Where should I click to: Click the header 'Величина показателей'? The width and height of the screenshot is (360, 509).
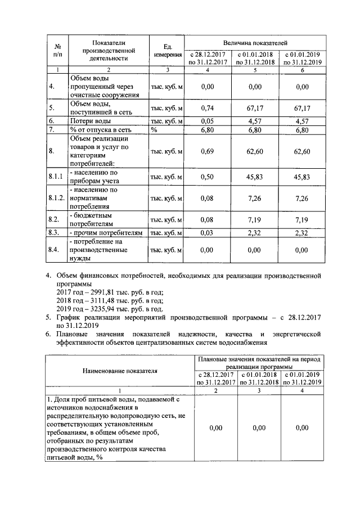(255, 42)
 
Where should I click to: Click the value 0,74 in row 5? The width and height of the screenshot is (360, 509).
(208, 107)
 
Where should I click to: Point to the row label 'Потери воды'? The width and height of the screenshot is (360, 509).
(90, 121)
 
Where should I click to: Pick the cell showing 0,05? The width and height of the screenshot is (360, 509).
(208, 121)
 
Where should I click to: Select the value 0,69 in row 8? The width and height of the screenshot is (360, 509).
(208, 151)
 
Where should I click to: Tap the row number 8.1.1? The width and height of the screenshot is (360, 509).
(56, 177)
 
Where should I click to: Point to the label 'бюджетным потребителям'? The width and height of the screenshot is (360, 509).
(92, 218)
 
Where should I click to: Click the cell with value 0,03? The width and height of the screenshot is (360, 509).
(208, 232)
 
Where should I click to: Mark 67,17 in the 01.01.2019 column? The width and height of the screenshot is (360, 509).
(302, 107)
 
